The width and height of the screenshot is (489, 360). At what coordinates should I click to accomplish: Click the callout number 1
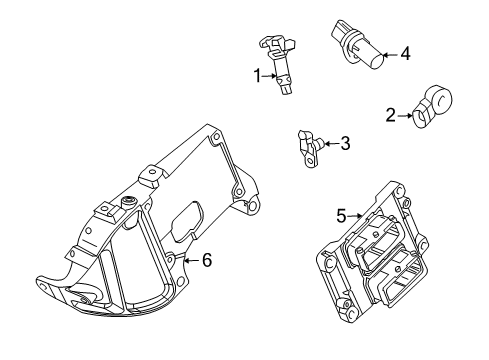click(257, 76)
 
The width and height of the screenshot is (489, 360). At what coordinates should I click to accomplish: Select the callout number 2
click(390, 115)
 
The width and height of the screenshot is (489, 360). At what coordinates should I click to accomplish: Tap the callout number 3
click(345, 143)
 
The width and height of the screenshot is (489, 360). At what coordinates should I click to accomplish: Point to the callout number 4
click(405, 54)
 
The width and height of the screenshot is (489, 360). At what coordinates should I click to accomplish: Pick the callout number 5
click(341, 216)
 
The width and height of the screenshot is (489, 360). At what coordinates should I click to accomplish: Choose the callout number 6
click(207, 260)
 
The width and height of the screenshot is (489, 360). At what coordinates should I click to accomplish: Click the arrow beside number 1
click(269, 76)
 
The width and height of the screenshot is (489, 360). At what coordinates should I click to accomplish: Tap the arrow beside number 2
click(405, 116)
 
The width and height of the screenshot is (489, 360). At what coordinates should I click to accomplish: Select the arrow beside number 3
click(331, 144)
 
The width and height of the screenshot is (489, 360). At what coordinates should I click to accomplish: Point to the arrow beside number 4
click(391, 55)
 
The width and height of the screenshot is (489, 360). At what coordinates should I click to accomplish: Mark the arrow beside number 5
click(355, 216)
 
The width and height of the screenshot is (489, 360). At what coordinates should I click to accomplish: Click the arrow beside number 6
click(193, 260)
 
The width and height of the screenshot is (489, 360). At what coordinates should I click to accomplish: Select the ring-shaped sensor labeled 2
click(433, 106)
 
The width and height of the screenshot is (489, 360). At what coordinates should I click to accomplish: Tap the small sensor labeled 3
click(310, 149)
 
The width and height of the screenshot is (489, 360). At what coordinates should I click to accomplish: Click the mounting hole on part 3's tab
click(311, 162)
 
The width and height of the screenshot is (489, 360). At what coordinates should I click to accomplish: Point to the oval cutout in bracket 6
click(187, 221)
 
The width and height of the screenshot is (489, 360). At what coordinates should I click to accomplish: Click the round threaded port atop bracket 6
click(128, 201)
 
